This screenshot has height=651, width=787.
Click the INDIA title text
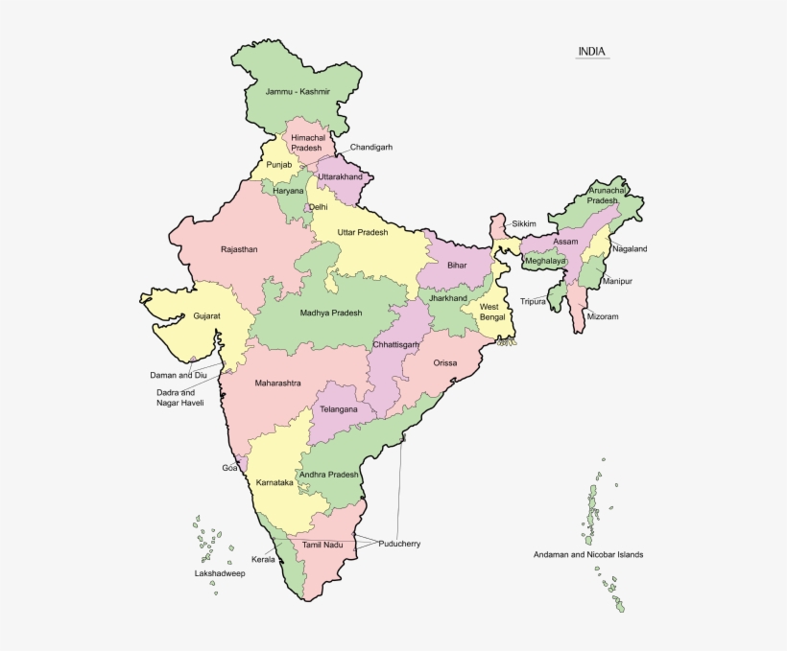point(591,51)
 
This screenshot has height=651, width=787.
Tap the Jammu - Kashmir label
point(298,92)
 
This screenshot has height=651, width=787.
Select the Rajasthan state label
point(239,249)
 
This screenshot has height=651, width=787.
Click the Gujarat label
point(206,314)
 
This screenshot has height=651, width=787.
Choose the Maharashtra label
point(277,384)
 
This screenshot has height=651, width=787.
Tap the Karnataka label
point(274,482)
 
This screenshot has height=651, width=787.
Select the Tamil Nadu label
point(322,545)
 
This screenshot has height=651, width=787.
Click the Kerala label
point(263,559)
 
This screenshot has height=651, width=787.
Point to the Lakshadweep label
point(220,573)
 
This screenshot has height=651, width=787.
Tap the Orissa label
point(444,363)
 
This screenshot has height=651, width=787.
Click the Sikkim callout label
point(524,223)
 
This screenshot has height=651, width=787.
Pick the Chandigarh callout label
point(370,148)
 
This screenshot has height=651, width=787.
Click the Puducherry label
point(398,544)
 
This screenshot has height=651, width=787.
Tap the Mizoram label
point(603,316)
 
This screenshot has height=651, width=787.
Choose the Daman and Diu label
point(179,375)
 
